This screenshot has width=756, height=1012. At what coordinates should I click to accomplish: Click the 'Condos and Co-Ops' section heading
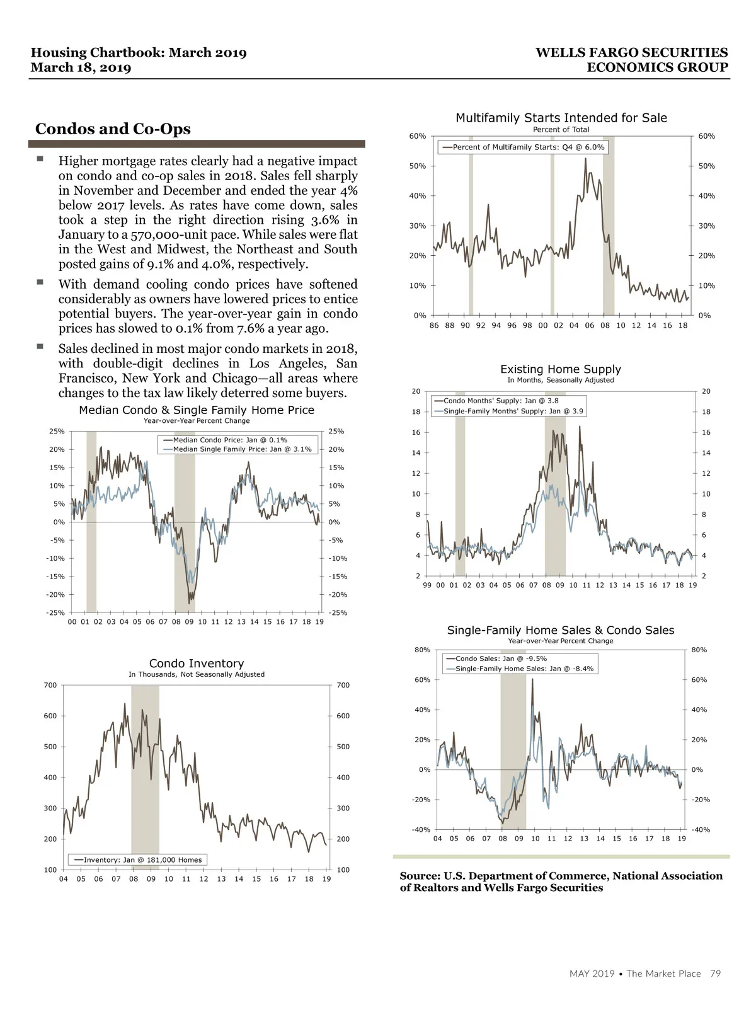pyautogui.click(x=113, y=129)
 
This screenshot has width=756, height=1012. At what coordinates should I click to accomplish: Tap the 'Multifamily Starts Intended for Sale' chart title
pyautogui.click(x=561, y=118)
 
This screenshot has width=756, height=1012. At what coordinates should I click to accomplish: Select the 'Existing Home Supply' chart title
pyautogui.click(x=560, y=369)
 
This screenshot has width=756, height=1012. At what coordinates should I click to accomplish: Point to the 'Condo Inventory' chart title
pyautogui.click(x=197, y=664)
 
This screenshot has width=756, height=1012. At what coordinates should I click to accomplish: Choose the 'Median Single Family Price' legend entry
pyautogui.click(x=241, y=449)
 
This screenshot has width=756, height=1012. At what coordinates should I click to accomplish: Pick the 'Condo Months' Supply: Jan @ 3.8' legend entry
pyautogui.click(x=500, y=401)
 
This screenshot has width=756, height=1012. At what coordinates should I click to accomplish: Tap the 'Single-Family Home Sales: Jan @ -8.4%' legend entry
pyautogui.click(x=524, y=669)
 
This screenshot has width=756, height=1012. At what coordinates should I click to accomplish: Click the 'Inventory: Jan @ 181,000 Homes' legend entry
pyautogui.click(x=142, y=860)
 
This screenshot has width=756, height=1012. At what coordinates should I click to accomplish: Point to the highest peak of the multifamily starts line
pyautogui.click(x=585, y=159)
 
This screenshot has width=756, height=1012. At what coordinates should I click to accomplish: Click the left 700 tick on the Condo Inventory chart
pyautogui.click(x=50, y=686)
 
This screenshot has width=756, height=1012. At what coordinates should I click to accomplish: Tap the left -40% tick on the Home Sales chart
pyautogui.click(x=421, y=830)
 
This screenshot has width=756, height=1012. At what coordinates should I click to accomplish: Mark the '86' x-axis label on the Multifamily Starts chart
pyautogui.click(x=434, y=326)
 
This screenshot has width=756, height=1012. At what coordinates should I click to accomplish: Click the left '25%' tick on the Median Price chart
pyautogui.click(x=57, y=432)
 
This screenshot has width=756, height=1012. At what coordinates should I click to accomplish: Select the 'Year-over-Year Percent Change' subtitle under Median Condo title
pyautogui.click(x=197, y=421)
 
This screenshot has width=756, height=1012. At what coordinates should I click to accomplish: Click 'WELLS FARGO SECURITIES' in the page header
pyautogui.click(x=631, y=53)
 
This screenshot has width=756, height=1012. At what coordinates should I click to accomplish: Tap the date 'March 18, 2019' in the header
pyautogui.click(x=81, y=68)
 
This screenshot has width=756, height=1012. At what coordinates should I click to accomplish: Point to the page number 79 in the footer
pyautogui.click(x=715, y=974)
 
